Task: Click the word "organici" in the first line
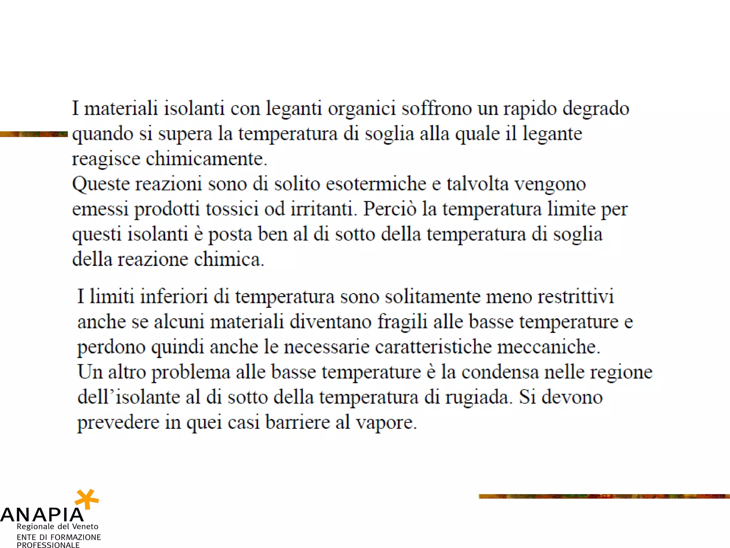pyautogui.click(x=362, y=109)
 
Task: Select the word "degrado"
pyautogui.click(x=596, y=109)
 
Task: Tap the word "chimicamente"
pyautogui.click(x=206, y=159)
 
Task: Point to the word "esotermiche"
pyautogui.click(x=376, y=184)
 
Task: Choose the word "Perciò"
pyautogui.click(x=390, y=209)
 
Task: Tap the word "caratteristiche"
pyautogui.click(x=433, y=347)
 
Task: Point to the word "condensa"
pyautogui.click(x=500, y=372)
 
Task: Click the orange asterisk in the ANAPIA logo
pyautogui.click(x=87, y=499)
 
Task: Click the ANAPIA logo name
pyautogui.click(x=42, y=515)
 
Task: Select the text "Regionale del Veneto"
pyautogui.click(x=57, y=527)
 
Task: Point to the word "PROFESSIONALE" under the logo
pyautogui.click(x=48, y=545)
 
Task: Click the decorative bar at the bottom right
pyautogui.click(x=604, y=496)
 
